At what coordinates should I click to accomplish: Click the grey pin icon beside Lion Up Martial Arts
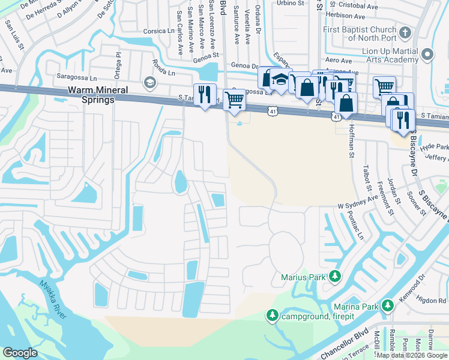427,55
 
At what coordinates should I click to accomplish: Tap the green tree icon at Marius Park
335,277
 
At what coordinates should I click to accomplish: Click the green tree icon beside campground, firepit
272,315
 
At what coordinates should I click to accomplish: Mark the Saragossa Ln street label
76,77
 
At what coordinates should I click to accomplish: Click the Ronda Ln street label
163,70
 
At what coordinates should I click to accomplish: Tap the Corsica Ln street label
158,31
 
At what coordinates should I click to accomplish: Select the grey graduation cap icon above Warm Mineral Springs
149,83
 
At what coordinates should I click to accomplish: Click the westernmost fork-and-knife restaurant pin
205,95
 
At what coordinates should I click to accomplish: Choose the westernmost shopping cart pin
234,99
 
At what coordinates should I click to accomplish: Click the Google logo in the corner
20,353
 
